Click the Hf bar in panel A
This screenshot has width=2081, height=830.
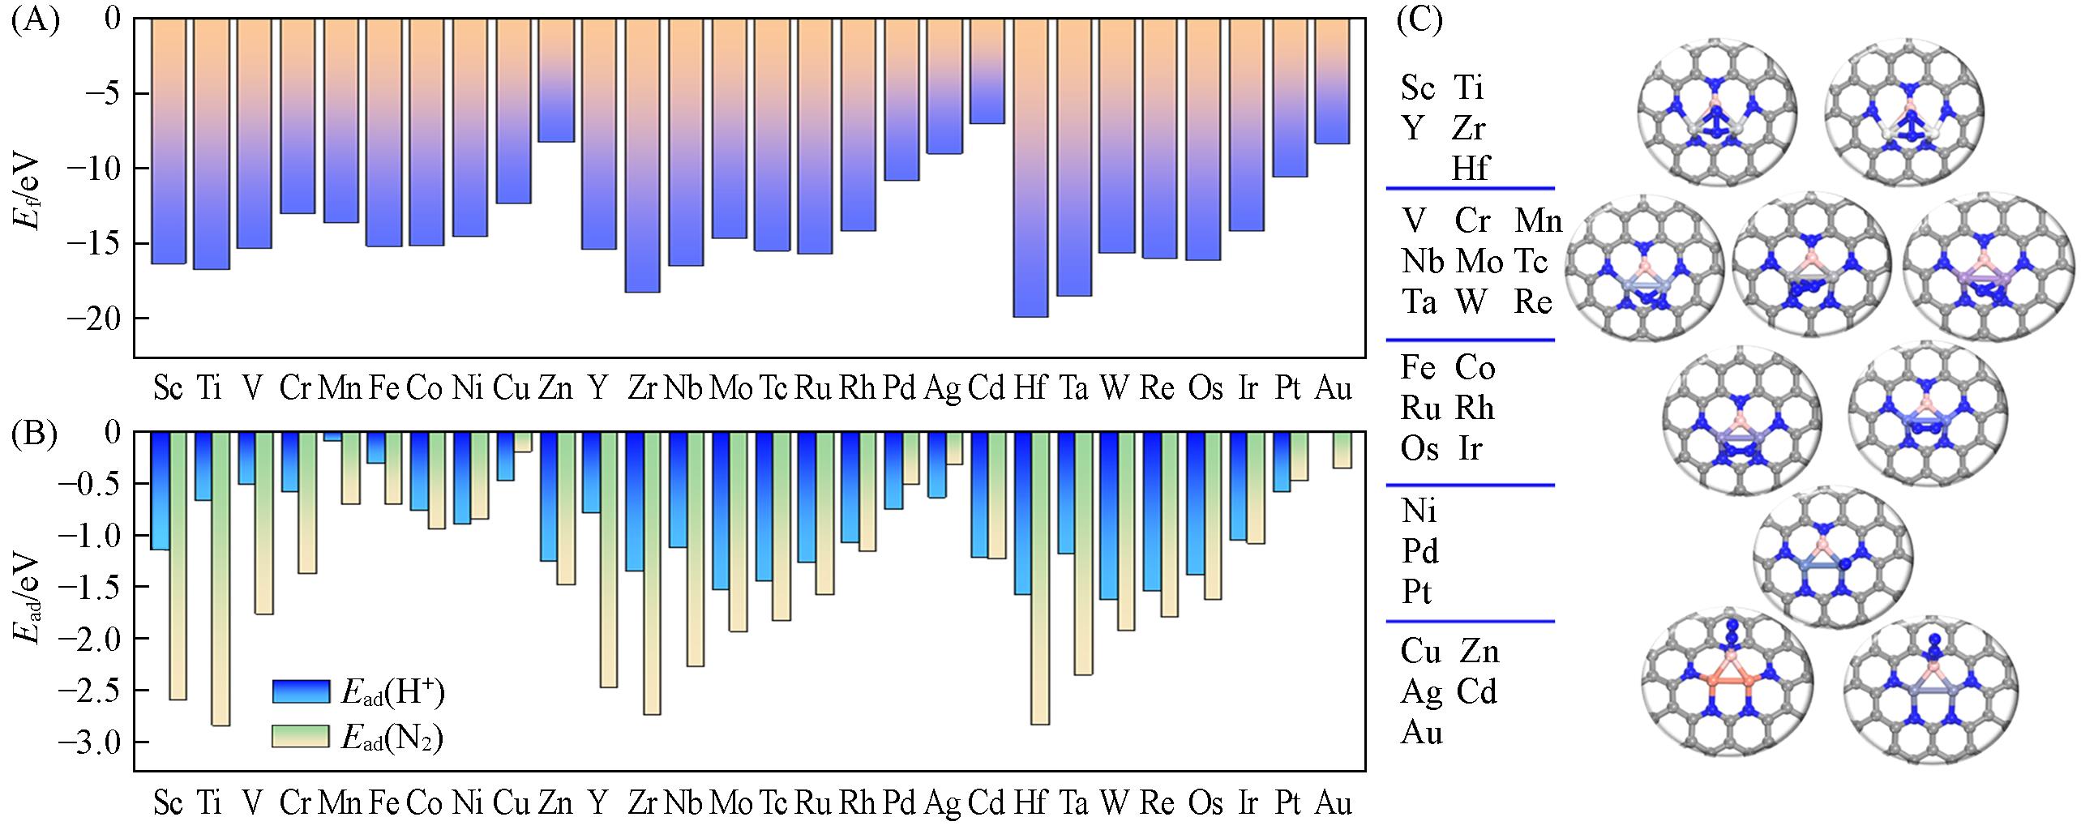pos(1030,167)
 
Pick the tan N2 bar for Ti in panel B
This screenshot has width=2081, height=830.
pos(221,579)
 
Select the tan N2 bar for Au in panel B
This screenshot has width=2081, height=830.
pos(1342,450)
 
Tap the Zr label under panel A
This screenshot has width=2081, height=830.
pos(641,389)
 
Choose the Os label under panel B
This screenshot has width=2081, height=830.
pos(1205,802)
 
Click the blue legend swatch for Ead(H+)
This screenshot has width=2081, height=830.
pos(302,691)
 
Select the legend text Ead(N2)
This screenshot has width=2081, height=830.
pos(392,738)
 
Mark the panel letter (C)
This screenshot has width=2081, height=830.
pos(1419,19)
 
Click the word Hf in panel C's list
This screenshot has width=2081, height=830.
pos(1471,169)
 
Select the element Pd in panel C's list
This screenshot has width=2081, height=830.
pos(1420,552)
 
